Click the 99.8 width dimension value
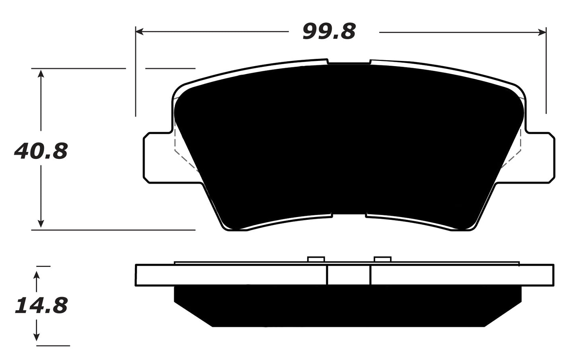329,31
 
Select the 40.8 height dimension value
41,151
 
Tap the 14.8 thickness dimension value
41,306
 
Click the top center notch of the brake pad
349,63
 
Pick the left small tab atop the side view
316,259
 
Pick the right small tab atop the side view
383,259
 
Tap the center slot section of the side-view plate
349,275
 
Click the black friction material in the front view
348,143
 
